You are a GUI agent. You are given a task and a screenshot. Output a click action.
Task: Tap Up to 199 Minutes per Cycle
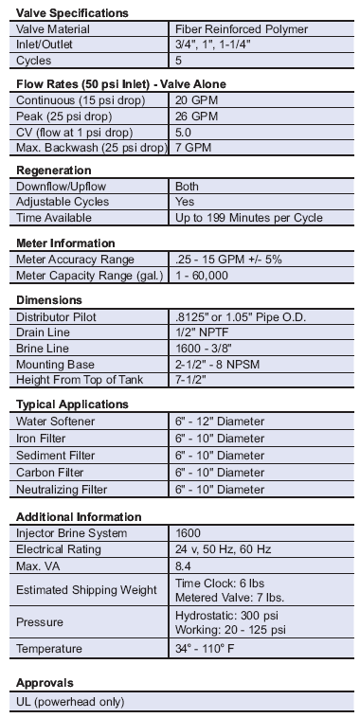[x=249, y=218]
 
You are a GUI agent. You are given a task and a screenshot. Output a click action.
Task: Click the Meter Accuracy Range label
[x=75, y=259]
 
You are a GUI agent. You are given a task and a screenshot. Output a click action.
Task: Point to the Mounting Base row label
[x=56, y=363]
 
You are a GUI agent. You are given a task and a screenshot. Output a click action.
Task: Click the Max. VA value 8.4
[x=185, y=566]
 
